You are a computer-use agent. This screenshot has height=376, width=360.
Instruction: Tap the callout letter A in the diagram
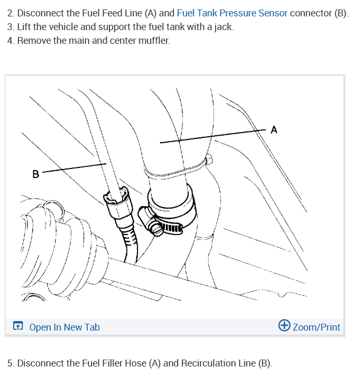click(273, 129)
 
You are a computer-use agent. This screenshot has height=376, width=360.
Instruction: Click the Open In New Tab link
click(64, 327)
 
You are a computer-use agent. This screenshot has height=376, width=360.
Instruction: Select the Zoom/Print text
click(316, 327)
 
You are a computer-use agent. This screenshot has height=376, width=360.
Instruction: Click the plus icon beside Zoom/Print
click(284, 326)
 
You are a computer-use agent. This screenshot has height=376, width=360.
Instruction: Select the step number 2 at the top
click(10, 13)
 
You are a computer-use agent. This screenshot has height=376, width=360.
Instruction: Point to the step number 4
click(10, 41)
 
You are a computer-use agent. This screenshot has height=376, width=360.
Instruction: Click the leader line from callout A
click(211, 135)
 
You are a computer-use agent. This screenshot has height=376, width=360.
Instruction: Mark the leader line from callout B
click(74, 167)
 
